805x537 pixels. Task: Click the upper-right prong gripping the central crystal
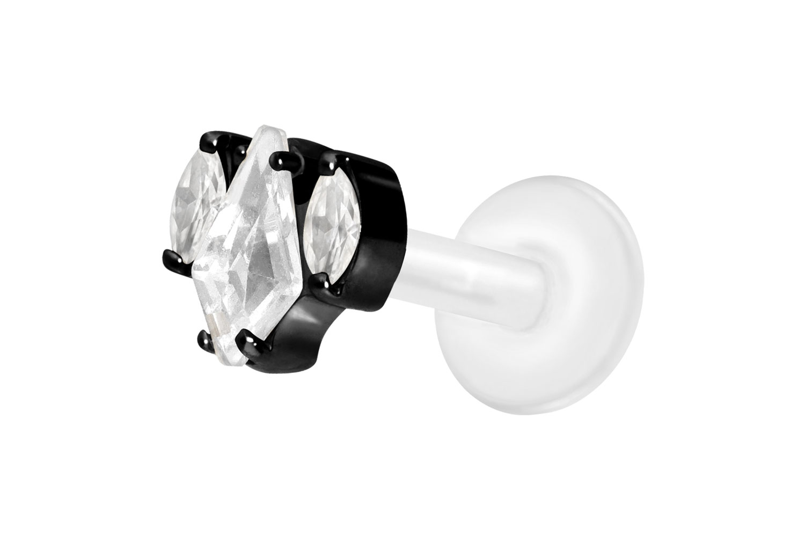(283, 159)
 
